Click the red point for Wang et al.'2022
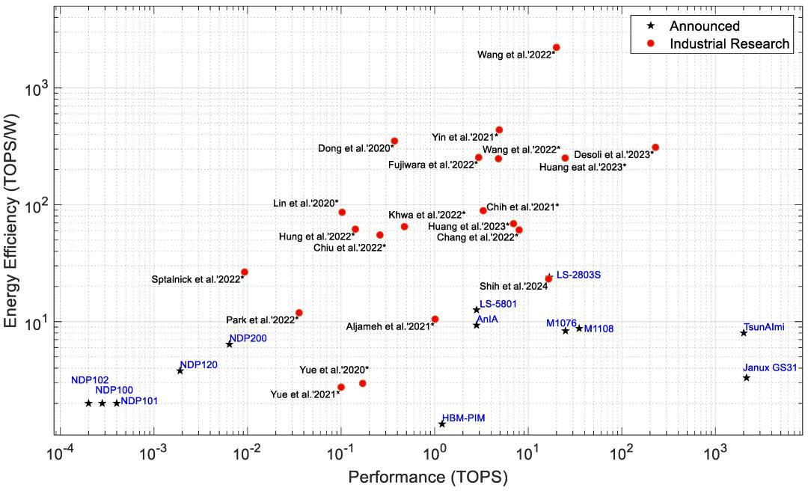556,48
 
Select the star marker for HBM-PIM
442,424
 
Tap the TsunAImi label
764,326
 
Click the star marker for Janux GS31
746,378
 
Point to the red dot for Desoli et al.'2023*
655,147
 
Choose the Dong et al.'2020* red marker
394,141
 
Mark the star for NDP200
229,344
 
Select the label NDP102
90,379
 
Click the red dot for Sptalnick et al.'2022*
244,272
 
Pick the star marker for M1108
579,328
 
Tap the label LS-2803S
578,275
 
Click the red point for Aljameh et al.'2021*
435,320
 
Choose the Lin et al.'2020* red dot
342,213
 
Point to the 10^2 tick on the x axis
621,453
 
